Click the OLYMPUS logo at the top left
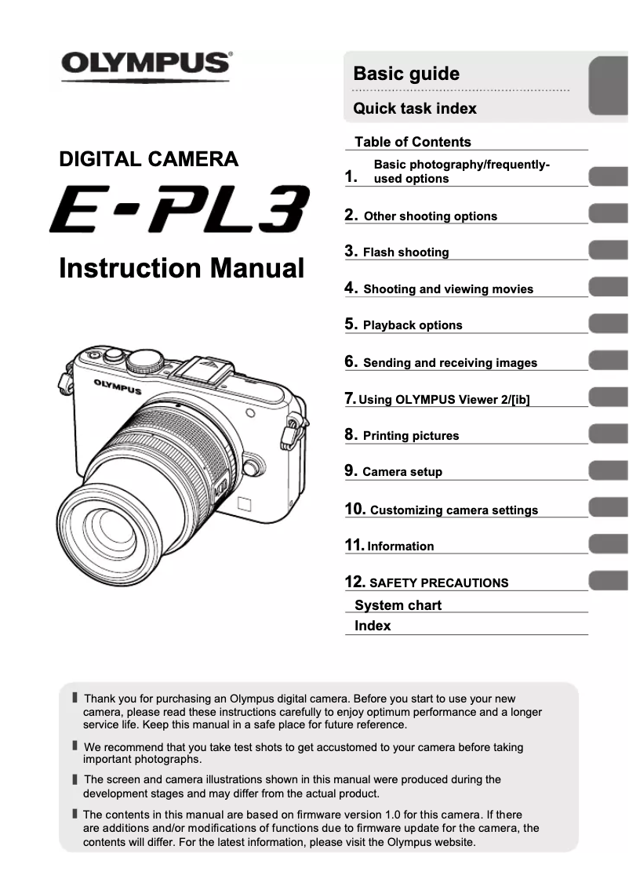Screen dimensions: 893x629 (x=147, y=63)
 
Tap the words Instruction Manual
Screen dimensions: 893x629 (x=181, y=269)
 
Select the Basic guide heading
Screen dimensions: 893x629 (x=406, y=74)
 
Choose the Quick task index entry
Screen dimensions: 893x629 (x=415, y=109)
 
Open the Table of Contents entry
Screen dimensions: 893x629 (x=413, y=142)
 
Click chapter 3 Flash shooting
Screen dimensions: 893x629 (x=405, y=252)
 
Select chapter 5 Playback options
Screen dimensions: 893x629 (x=413, y=325)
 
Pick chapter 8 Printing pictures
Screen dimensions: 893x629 (x=411, y=436)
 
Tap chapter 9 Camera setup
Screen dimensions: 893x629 (x=402, y=472)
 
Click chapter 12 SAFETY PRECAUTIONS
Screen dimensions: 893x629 (x=438, y=583)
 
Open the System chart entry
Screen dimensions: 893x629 (x=398, y=605)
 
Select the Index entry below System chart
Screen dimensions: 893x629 (x=373, y=626)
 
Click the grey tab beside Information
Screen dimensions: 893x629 (x=608, y=544)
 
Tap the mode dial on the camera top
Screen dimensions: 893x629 (x=145, y=360)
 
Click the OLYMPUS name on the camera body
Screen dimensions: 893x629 (x=118, y=387)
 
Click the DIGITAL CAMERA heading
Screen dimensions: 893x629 (x=149, y=160)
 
